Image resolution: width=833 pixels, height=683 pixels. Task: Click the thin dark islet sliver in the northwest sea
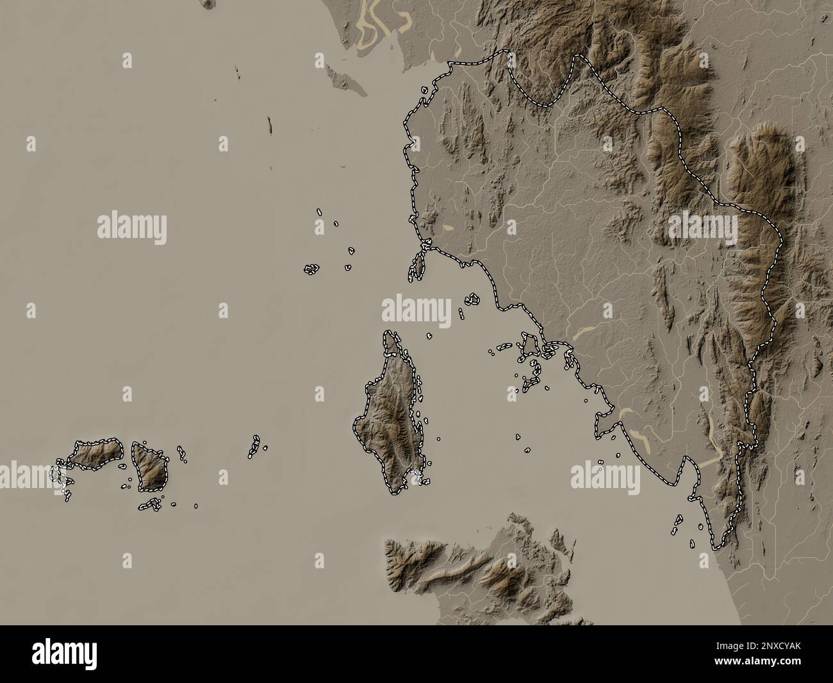270,124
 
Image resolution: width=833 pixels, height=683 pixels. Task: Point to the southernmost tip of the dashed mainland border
716,549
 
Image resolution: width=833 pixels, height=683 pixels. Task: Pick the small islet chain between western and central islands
254,447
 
